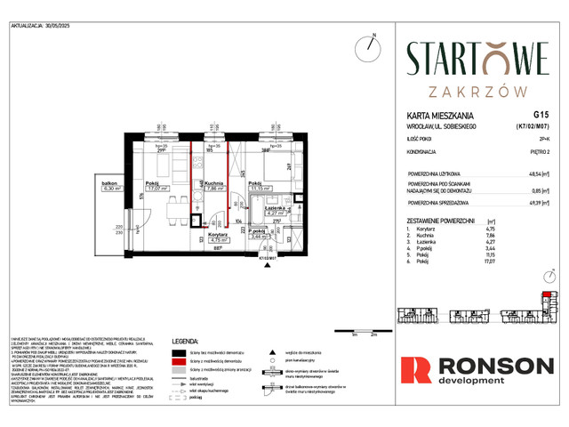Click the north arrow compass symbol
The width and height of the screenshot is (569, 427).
371,46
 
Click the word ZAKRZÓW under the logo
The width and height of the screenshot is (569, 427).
477,91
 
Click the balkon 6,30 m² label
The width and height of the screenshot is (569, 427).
110,186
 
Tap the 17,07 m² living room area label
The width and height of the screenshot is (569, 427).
157,189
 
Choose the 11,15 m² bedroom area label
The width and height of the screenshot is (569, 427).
260,189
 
